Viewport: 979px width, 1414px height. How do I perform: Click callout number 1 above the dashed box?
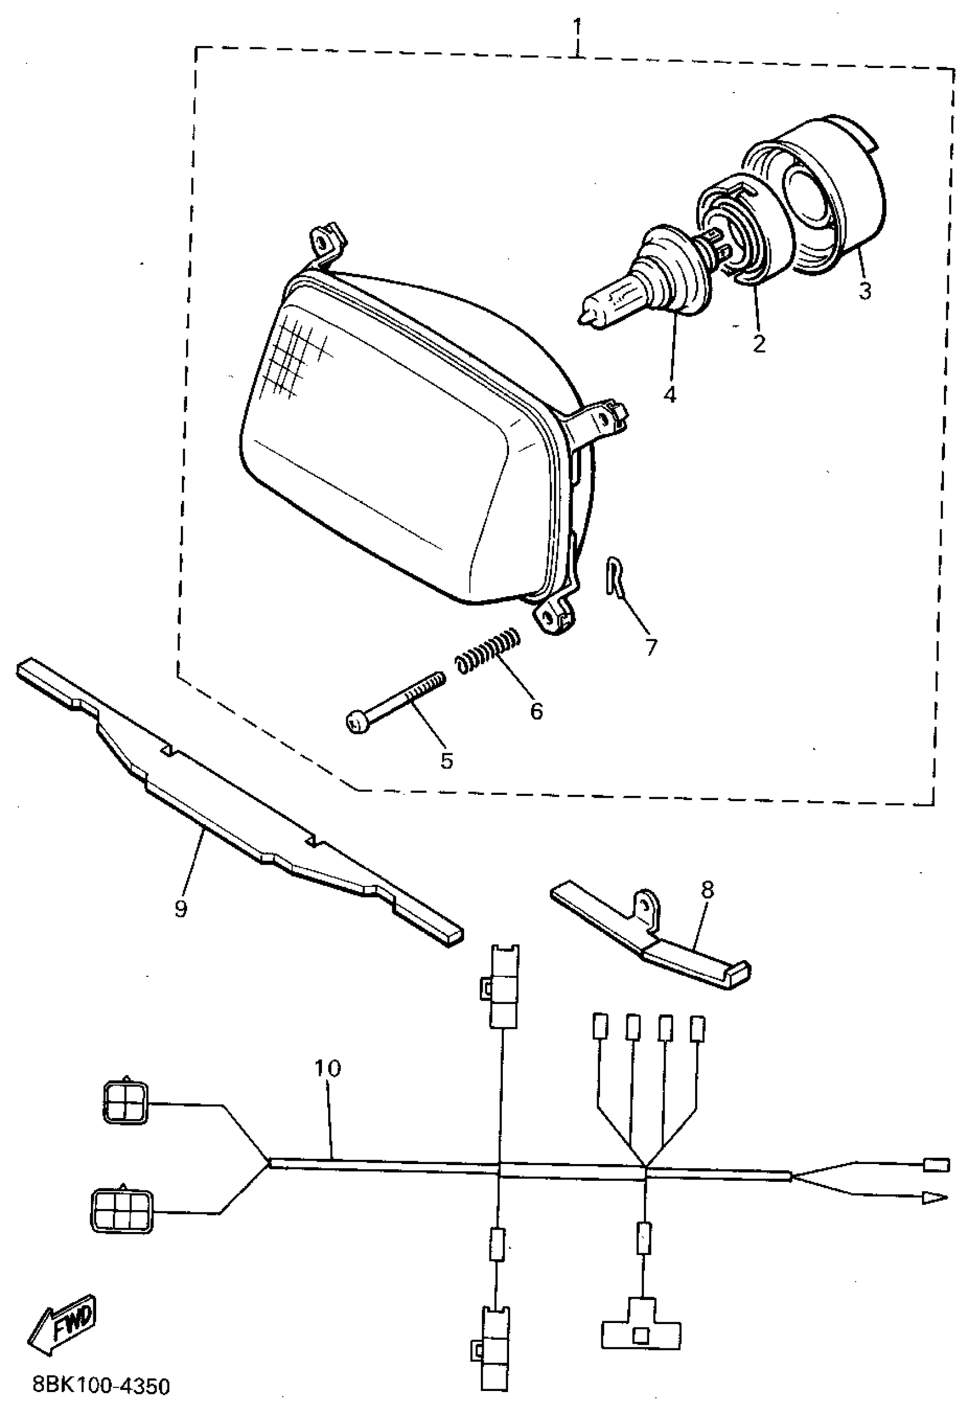[576, 28]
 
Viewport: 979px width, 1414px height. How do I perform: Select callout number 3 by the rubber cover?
[865, 291]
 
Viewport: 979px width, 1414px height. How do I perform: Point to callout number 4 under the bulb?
[670, 395]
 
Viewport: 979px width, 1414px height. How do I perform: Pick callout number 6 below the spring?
[536, 711]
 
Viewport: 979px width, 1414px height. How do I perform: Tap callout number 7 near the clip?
[651, 647]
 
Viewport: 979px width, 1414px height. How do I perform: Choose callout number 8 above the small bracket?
[708, 890]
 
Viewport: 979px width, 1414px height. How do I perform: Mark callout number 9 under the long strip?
[180, 908]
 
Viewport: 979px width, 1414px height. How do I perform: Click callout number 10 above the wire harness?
[328, 1068]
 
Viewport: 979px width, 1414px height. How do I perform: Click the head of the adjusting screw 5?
[356, 723]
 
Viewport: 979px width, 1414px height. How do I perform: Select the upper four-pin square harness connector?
[125, 1106]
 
